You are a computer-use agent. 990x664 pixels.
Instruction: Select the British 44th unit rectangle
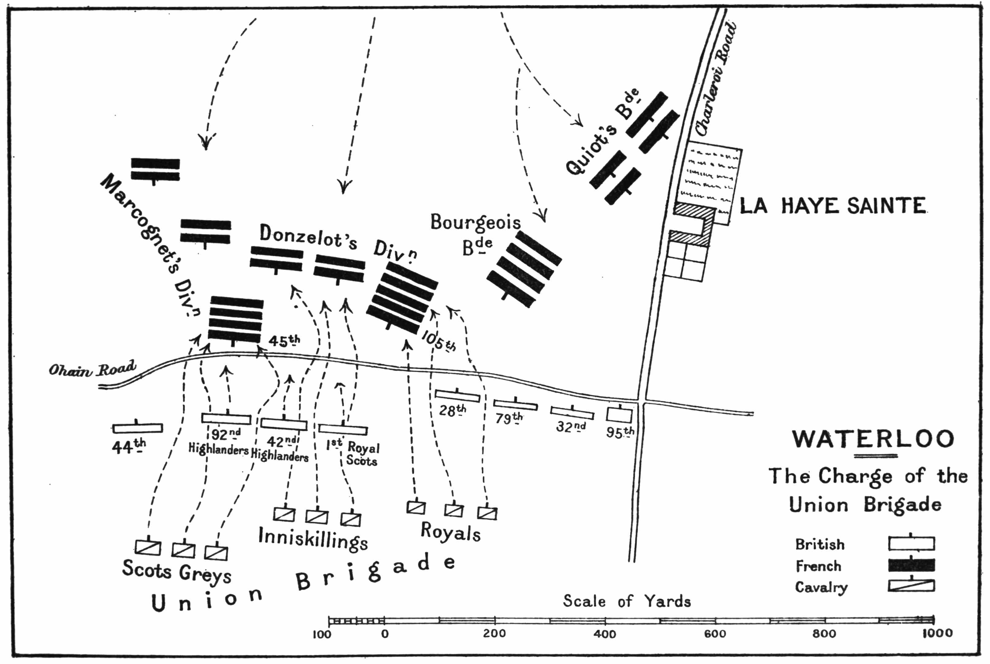point(138,428)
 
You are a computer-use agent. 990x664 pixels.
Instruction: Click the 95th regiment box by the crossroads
point(619,415)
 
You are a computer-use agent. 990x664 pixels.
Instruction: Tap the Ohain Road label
point(92,369)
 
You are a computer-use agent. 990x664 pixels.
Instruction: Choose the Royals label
point(450,532)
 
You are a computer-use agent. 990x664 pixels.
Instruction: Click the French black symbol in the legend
point(911,565)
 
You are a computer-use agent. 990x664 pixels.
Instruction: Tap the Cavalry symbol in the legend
point(911,586)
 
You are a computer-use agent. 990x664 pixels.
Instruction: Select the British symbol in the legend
point(911,544)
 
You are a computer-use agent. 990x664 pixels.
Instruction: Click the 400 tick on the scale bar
point(605,621)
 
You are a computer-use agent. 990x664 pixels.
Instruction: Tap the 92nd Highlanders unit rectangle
point(226,418)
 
